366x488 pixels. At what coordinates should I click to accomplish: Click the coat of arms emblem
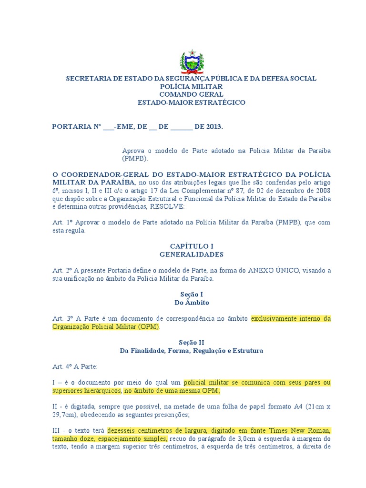tap(191, 61)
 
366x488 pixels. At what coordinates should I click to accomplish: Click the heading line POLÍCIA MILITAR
tap(191, 86)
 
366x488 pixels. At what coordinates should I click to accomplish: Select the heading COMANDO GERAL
tap(191, 94)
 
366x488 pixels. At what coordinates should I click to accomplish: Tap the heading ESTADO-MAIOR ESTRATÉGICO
tap(191, 102)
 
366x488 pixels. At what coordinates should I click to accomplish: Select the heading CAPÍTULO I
tap(191, 246)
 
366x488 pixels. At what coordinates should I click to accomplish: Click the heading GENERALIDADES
tap(191, 254)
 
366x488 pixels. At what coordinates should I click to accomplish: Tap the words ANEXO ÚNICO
tap(273, 270)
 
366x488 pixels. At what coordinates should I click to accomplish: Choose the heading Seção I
tap(191, 295)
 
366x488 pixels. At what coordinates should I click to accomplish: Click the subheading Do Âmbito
tap(191, 303)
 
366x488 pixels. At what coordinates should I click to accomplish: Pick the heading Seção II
tap(191, 342)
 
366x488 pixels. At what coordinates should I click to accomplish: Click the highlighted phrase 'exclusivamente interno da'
tap(291, 318)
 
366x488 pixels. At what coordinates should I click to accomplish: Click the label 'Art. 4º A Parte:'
tap(75, 366)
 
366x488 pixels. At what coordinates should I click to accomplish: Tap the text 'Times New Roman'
tap(305, 431)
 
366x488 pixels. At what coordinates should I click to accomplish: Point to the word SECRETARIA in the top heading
tap(87, 78)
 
